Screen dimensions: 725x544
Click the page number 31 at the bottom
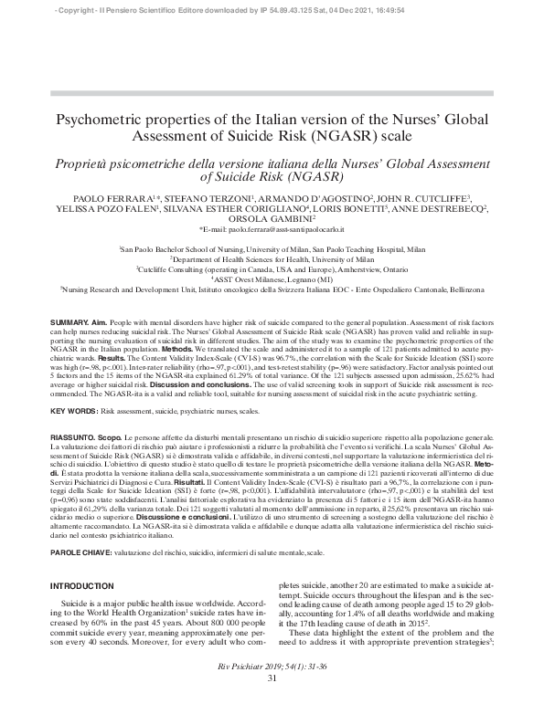[272, 703]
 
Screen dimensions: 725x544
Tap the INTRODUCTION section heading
[80, 585]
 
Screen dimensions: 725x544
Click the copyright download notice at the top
[272, 8]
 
